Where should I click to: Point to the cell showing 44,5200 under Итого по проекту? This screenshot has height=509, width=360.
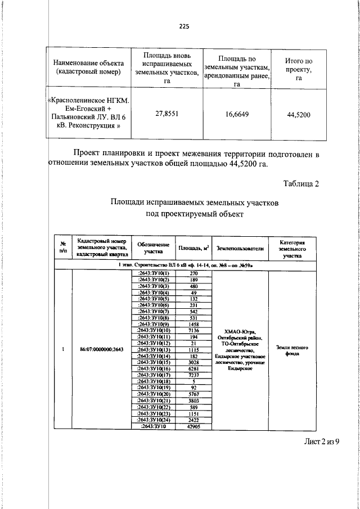[x=298, y=115]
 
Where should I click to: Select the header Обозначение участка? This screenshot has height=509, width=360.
[x=154, y=248]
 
